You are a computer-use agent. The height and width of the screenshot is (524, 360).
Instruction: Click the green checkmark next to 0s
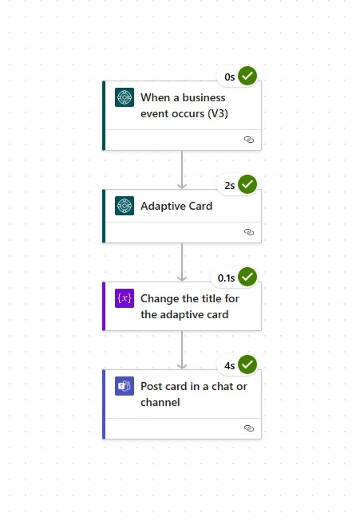point(247,76)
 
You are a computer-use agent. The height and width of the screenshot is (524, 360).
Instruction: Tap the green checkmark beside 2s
point(247,184)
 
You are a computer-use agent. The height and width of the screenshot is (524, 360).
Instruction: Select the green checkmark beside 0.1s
point(247,277)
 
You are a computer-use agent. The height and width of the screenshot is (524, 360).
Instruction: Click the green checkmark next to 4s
point(247,364)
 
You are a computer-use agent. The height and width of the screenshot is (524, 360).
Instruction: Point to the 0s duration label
point(230,77)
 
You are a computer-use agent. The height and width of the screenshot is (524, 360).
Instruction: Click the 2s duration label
point(230,186)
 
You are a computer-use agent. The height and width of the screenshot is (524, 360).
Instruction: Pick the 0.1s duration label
point(226,278)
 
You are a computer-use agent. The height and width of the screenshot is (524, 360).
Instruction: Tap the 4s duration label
point(230,366)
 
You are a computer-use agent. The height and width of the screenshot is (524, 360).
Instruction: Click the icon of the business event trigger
point(125,97)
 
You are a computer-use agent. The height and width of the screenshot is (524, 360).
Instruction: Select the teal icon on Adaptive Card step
point(125,206)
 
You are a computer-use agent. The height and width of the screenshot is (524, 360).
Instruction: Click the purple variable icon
point(125,298)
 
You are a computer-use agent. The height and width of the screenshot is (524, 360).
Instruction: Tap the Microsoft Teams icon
point(125,386)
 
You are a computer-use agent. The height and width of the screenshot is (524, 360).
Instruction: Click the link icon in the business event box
point(249,140)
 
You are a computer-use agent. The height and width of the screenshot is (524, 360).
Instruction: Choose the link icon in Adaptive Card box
point(249,232)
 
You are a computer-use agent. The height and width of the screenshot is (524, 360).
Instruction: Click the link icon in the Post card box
point(249,428)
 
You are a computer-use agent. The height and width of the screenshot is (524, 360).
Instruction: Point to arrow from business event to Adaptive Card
point(182,170)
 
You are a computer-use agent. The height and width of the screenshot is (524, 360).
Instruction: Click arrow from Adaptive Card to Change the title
point(182,262)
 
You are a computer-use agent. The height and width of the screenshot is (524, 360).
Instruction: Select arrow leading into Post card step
point(182,350)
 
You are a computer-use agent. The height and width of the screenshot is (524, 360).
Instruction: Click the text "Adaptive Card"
point(176,206)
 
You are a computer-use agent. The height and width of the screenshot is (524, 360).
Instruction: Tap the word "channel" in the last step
point(160,402)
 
